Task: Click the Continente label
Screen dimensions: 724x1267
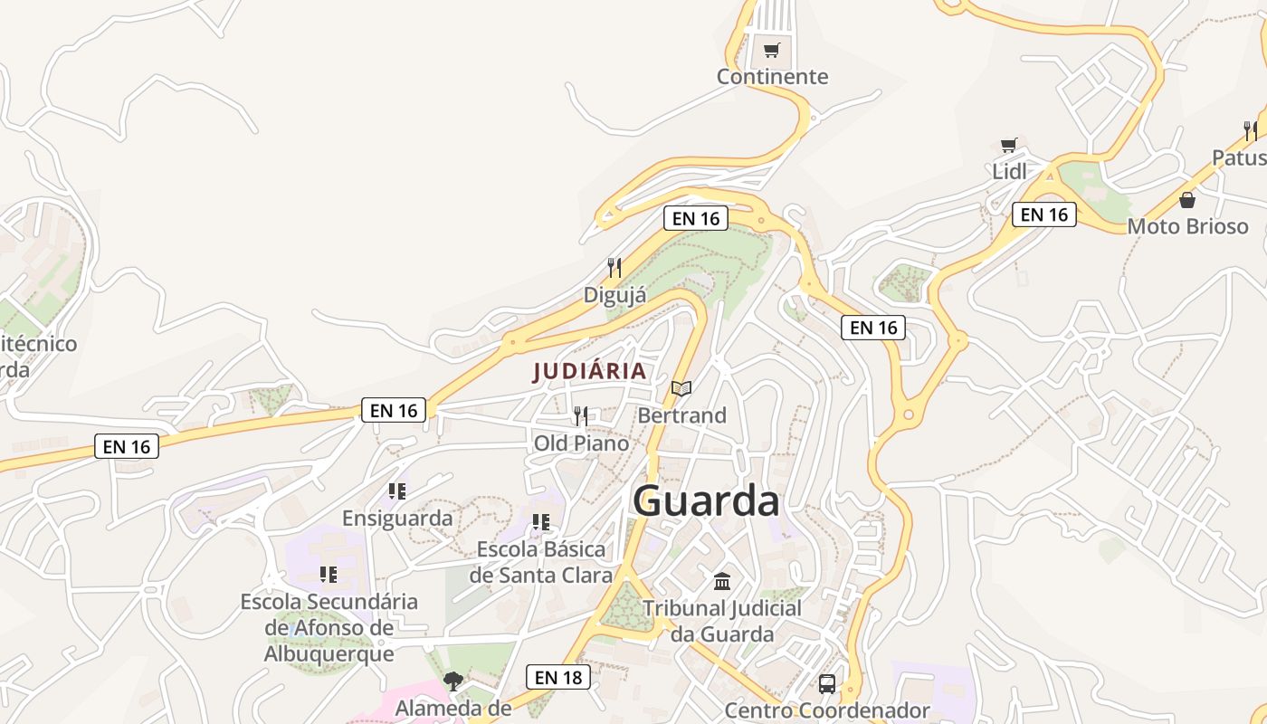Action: (772, 77)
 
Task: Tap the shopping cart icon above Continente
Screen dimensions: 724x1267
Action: (771, 51)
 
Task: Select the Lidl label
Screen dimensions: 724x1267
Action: (1009, 171)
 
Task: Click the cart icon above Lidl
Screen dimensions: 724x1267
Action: (1008, 145)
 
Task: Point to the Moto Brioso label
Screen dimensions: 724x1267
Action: (1187, 226)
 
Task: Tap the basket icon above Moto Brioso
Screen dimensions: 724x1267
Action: (1187, 200)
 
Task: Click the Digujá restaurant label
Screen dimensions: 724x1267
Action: (614, 295)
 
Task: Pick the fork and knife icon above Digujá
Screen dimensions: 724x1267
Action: (614, 268)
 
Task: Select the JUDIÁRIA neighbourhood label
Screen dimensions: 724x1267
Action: (590, 371)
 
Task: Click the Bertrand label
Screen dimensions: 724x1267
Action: (681, 415)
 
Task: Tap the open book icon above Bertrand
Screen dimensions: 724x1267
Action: (681, 389)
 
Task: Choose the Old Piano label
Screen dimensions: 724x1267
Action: (581, 443)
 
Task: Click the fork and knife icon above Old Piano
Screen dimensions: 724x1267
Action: (581, 416)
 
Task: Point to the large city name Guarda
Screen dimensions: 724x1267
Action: (706, 500)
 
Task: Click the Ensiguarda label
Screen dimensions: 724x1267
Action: (397, 519)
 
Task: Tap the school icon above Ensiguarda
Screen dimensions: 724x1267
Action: (397, 491)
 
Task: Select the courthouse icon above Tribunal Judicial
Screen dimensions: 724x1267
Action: (722, 581)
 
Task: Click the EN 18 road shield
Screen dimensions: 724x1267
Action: (558, 677)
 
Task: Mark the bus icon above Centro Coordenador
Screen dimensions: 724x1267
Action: (827, 684)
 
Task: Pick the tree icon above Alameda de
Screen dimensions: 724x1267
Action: (453, 681)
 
